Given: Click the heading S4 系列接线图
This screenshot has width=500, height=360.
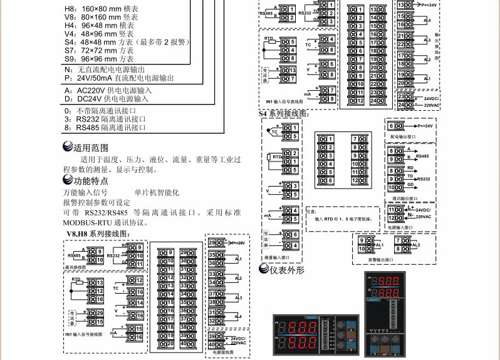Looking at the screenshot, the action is pyautogui.click(x=284, y=114).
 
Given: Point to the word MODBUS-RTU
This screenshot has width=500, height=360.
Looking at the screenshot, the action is pyautogui.click(x=87, y=222).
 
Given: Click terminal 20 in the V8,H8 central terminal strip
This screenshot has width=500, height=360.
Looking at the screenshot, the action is pyautogui.click(x=168, y=343).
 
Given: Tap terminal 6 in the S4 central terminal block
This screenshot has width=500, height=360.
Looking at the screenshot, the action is pyautogui.click(x=330, y=180).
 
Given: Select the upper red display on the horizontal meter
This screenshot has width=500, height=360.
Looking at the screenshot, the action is pyautogui.click(x=301, y=327).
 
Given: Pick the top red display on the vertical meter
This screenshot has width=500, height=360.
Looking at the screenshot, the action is pyautogui.click(x=383, y=282).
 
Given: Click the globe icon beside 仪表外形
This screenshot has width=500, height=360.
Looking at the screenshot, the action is pyautogui.click(x=264, y=270).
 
